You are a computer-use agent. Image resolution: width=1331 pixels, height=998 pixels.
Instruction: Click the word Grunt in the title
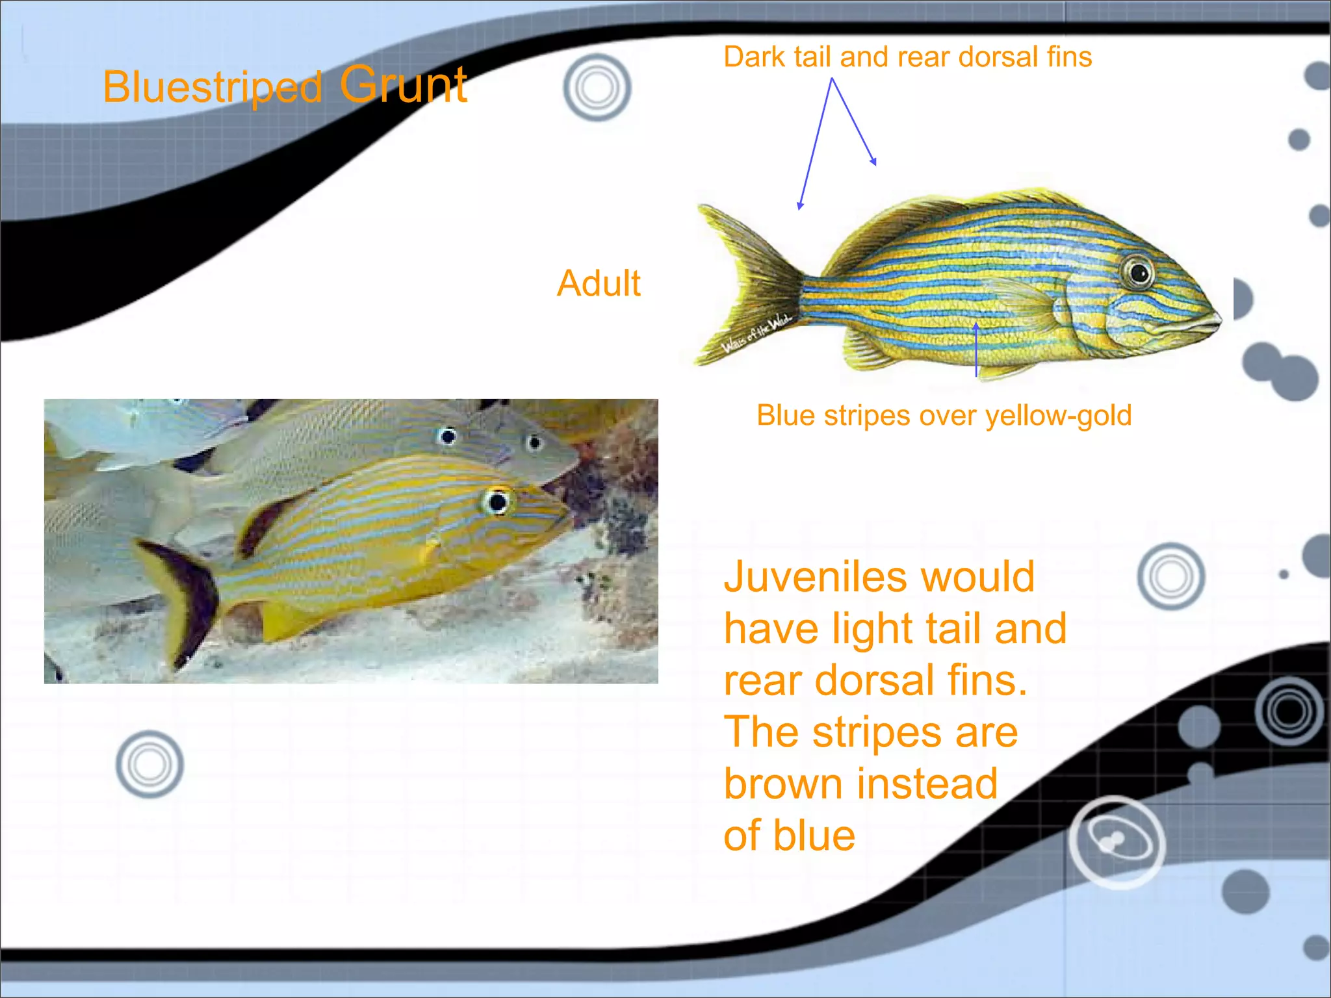click(x=403, y=84)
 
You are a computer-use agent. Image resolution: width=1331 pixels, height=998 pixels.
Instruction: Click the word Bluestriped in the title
click(x=213, y=87)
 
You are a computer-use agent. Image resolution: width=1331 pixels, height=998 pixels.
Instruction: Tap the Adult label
click(x=599, y=283)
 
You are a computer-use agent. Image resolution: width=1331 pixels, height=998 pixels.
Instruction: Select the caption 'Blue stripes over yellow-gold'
click(x=944, y=416)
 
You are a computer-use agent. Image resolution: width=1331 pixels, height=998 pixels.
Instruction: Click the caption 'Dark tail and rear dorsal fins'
click(x=907, y=57)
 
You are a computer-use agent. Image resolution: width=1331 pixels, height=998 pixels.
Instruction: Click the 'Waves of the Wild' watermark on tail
click(x=756, y=333)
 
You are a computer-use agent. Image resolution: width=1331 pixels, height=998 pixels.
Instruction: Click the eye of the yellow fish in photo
click(x=498, y=502)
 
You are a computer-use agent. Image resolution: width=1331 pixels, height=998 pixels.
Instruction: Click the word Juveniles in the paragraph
click(x=808, y=577)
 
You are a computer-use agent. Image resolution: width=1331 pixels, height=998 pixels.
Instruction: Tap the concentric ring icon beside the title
click(x=597, y=88)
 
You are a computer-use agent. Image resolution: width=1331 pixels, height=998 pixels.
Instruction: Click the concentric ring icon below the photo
click(x=149, y=764)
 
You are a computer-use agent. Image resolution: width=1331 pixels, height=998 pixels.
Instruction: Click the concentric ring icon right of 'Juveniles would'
click(x=1170, y=576)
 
